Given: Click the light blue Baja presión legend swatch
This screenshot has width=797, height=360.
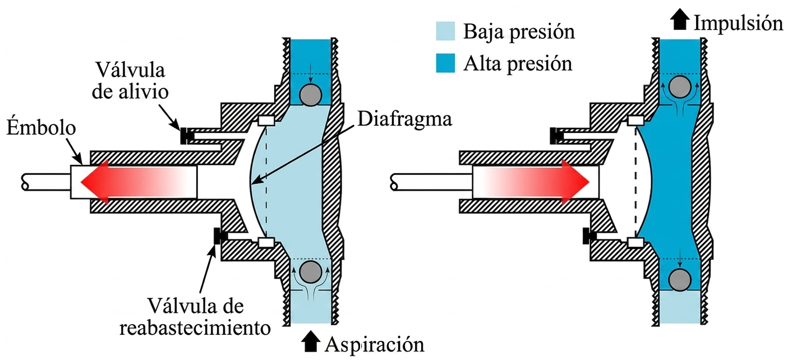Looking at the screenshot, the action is tap(445, 31).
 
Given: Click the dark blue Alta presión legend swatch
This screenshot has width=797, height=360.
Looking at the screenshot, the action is tap(445, 63).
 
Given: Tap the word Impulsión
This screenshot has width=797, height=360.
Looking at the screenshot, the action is tap(739, 24).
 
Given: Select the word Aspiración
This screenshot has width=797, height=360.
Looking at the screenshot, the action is tap(374, 344).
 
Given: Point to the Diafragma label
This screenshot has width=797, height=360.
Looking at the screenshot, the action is tap(404, 119).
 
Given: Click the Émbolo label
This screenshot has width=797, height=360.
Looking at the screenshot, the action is tap(42, 128).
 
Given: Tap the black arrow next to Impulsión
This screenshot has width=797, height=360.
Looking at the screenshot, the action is tap(680, 21).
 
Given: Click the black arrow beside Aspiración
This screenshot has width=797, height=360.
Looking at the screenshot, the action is tap(310, 341).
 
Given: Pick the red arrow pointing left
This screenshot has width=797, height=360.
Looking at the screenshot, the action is tap(139, 182).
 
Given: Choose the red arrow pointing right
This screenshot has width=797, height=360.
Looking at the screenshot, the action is tap(531, 182).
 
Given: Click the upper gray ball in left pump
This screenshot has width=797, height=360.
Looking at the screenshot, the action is tap(311, 95).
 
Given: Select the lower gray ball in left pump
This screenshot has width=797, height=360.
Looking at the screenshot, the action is tap(311, 272).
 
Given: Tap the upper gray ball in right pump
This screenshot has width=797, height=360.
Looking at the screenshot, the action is tap(680, 86).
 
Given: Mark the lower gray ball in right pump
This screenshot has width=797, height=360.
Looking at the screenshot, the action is tap(680, 279).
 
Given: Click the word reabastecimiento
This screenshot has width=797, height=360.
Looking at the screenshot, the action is tap(195, 328).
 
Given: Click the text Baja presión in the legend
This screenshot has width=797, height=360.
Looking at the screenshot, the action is tap(519, 32).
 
